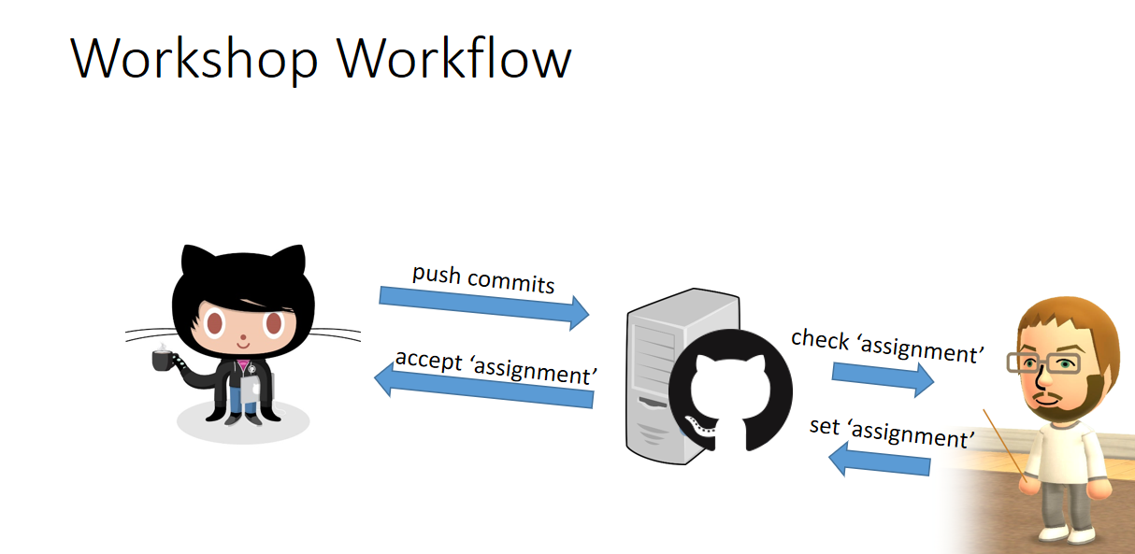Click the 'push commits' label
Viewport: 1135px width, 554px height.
pos(483,278)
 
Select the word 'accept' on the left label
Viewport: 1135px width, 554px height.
pos(429,360)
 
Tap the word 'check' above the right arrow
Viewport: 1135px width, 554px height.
pos(820,339)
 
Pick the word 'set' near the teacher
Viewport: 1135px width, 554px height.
pos(824,426)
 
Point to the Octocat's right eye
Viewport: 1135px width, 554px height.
pos(274,323)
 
